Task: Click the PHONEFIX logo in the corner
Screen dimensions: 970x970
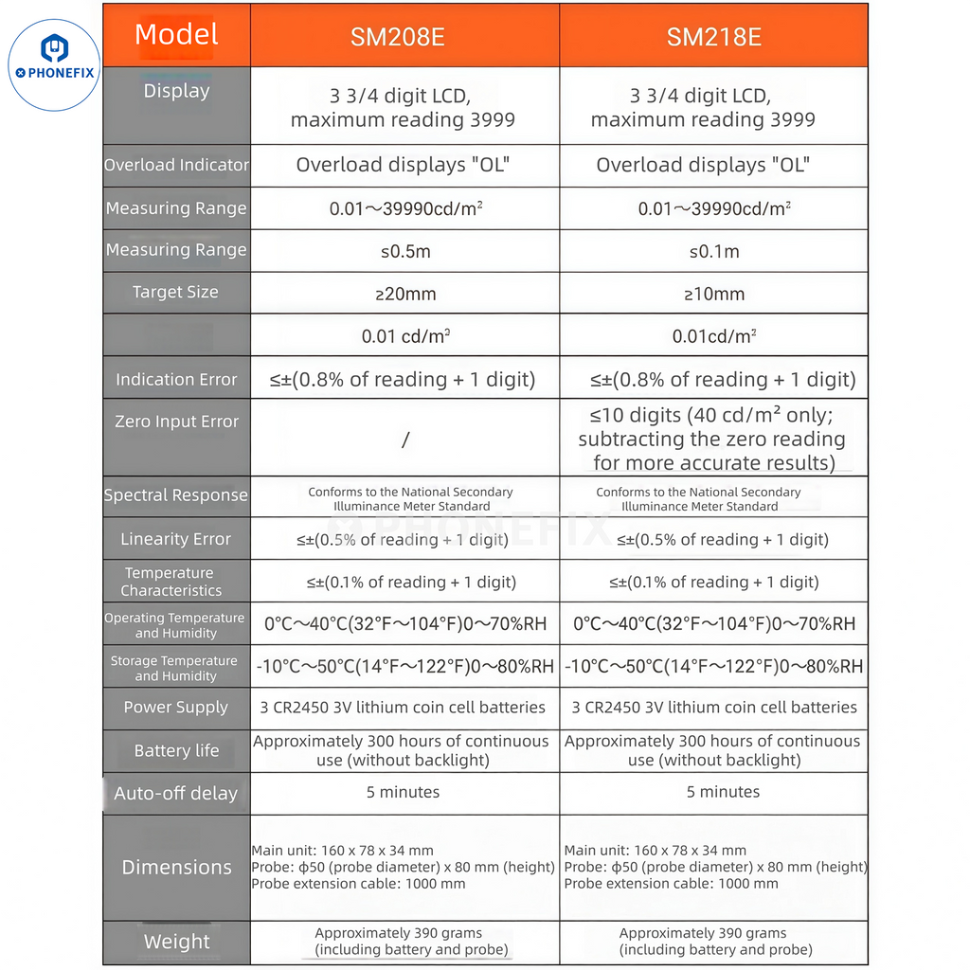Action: coord(54,63)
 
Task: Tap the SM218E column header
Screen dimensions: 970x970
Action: coord(713,37)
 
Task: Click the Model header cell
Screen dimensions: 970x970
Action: coord(176,35)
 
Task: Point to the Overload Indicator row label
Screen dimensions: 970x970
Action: coord(176,165)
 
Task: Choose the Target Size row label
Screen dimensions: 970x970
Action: coord(175,292)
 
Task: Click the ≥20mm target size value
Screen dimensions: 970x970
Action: coord(405,294)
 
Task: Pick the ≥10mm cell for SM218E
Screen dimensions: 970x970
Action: coord(714,294)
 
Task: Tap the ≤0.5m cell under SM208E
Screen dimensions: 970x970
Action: coord(405,251)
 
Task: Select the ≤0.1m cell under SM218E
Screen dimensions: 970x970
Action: coord(714,251)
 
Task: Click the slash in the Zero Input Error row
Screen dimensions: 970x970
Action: coord(405,440)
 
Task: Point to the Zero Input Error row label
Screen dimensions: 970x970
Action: coord(176,422)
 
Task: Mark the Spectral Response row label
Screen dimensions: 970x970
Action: coord(176,495)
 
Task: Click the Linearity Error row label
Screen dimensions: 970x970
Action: coord(176,539)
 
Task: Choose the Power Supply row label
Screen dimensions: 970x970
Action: coord(176,708)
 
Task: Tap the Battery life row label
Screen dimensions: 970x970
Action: coord(176,750)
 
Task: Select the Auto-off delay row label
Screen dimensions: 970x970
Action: coord(176,794)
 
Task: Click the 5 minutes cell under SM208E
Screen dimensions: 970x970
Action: coord(404,792)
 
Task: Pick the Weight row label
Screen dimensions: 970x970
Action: coord(176,942)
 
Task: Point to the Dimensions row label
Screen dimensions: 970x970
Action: coord(176,867)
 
